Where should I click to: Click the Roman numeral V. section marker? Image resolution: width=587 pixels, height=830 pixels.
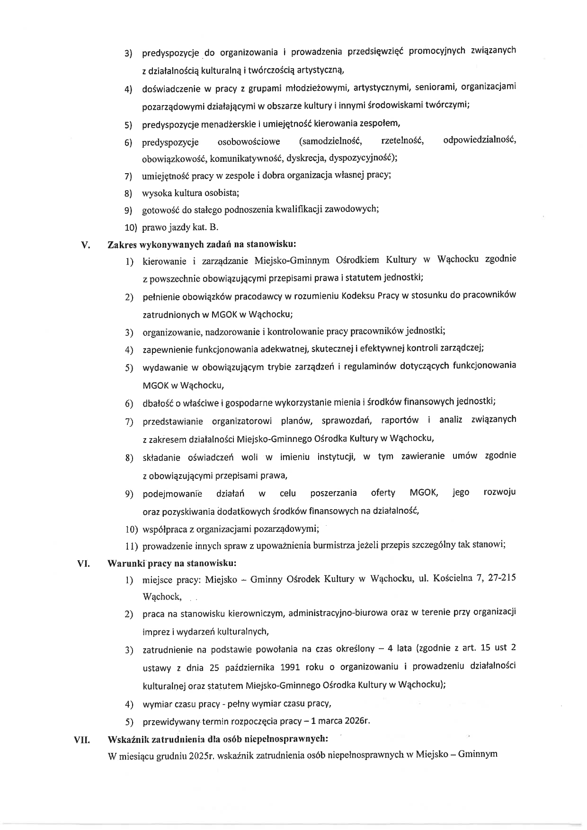(x=86, y=245)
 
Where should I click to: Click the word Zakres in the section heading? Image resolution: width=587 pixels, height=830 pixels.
(x=121, y=245)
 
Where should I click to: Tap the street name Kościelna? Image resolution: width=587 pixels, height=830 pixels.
(x=452, y=578)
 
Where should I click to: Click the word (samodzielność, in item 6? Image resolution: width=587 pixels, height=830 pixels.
(x=330, y=141)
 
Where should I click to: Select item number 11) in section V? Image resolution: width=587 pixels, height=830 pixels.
(x=132, y=546)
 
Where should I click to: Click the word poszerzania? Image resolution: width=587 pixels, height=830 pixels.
(x=333, y=493)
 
